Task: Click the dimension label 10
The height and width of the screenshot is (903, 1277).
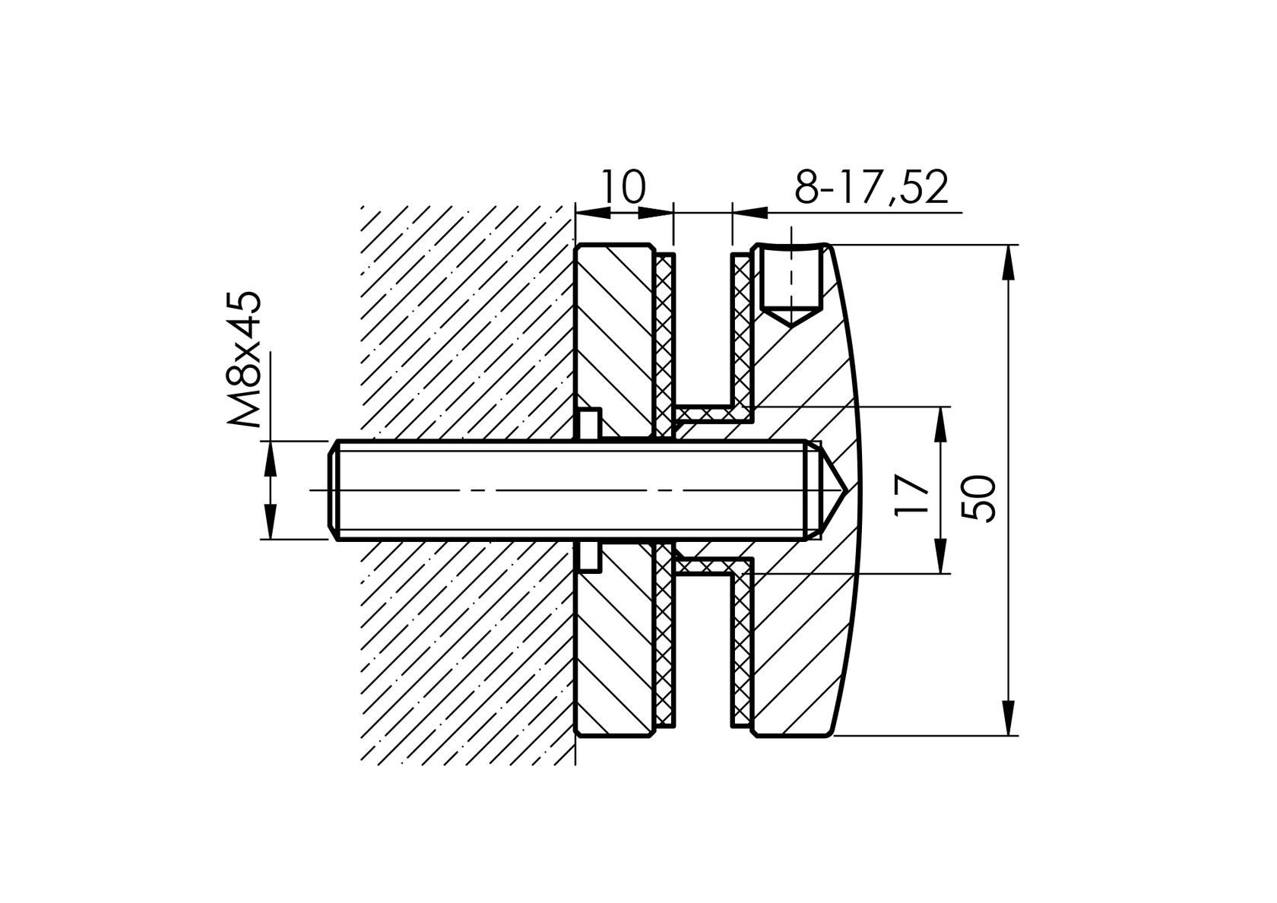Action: click(x=623, y=187)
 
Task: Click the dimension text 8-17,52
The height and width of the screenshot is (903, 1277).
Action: click(x=871, y=187)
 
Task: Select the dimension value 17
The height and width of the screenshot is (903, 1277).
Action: click(x=912, y=495)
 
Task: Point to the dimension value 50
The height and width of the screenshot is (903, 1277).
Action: click(x=979, y=498)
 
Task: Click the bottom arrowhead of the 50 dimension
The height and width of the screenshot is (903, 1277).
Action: click(x=1009, y=719)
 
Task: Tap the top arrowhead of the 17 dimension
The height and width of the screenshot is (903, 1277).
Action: click(x=942, y=423)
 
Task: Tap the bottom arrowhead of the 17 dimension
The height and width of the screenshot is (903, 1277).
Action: click(x=942, y=556)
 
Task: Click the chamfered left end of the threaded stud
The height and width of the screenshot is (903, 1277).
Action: click(x=334, y=490)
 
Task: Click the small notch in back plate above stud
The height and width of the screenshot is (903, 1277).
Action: click(x=589, y=424)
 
